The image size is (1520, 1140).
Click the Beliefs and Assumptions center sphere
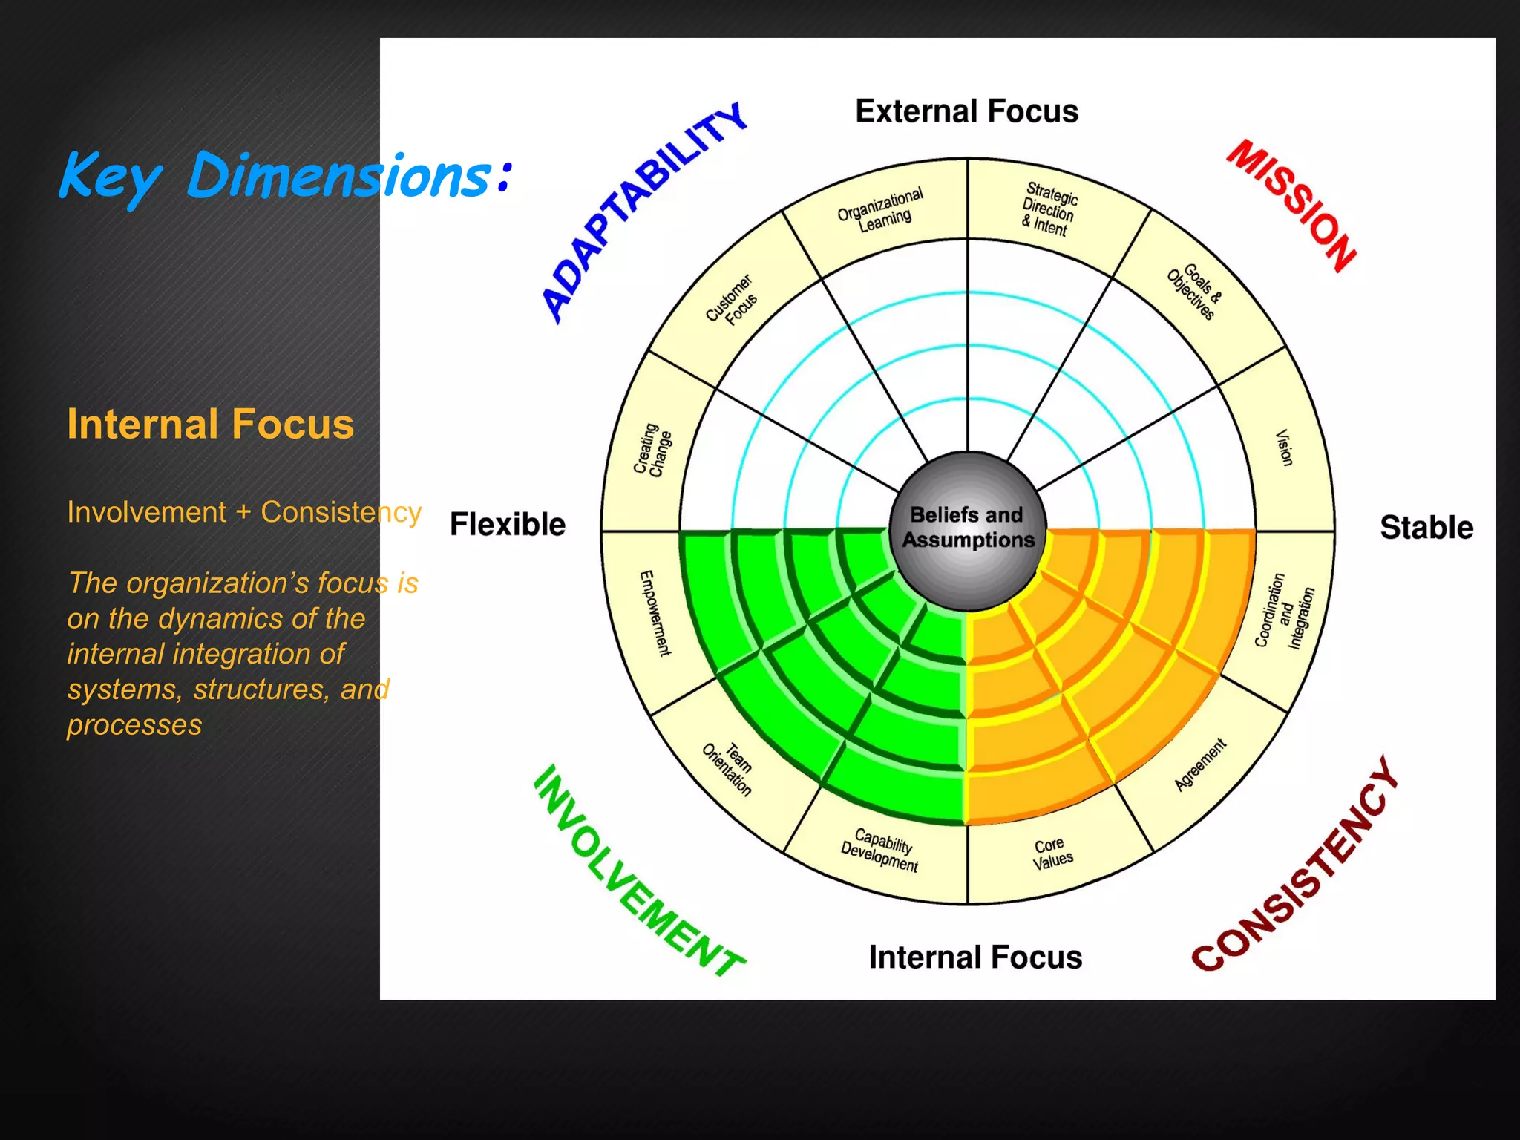click(967, 528)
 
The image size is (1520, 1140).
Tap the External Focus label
click(966, 111)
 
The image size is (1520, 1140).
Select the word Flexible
click(508, 525)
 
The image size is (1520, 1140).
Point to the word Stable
click(1426, 528)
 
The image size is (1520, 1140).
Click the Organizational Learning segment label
click(881, 209)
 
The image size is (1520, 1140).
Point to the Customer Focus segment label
click(732, 300)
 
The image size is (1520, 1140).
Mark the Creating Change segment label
click(652, 450)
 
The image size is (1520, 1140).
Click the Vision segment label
click(1284, 448)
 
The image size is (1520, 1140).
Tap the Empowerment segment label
click(655, 612)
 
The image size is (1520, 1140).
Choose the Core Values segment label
click(1052, 853)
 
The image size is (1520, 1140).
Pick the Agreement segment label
click(1200, 764)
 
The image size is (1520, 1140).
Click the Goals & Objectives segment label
click(1195, 292)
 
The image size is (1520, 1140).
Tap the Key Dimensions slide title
click(285, 176)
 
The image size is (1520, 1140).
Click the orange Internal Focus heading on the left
click(211, 424)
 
